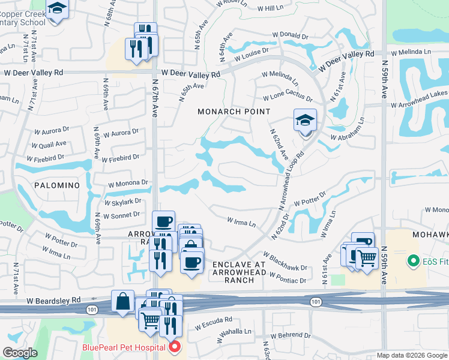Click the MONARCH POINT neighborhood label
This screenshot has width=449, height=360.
(x=234, y=112)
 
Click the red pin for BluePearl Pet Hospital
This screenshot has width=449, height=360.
(x=174, y=347)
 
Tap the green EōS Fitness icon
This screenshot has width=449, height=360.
(x=412, y=261)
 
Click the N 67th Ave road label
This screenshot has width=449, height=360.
(x=155, y=97)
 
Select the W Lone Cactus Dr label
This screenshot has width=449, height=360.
(x=288, y=97)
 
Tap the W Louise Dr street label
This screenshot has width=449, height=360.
(x=252, y=55)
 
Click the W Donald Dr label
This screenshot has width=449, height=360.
(x=290, y=37)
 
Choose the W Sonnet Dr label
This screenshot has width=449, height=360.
(x=121, y=215)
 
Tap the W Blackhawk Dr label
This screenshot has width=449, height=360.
(x=285, y=262)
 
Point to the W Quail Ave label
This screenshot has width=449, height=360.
(x=49, y=145)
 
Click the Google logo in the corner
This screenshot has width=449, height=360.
(x=20, y=353)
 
